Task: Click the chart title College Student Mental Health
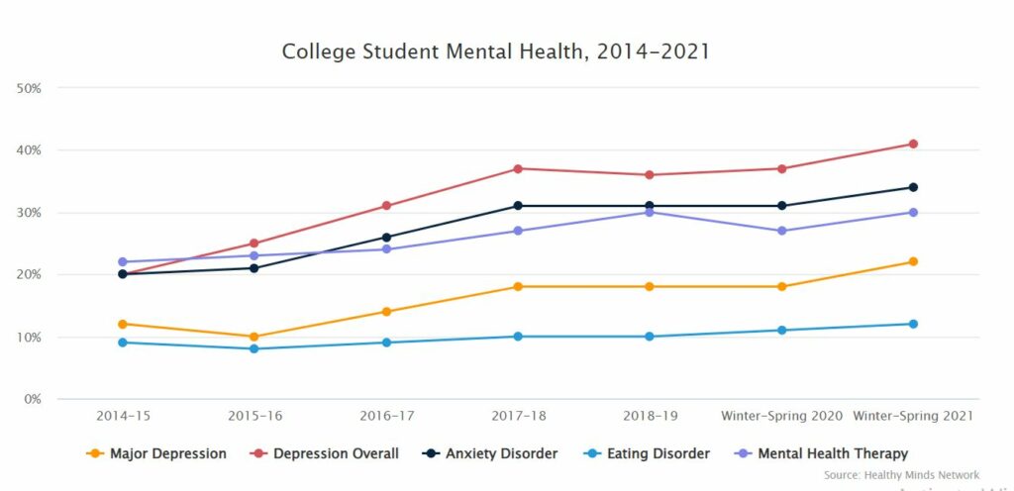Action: (x=495, y=51)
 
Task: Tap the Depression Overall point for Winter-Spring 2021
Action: (x=913, y=144)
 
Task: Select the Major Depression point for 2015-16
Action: (x=253, y=337)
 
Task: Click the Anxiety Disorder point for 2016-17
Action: (x=386, y=238)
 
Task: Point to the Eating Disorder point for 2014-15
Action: (x=122, y=343)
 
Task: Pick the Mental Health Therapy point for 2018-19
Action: (x=650, y=212)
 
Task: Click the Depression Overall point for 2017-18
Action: (x=518, y=168)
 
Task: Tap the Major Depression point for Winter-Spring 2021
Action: (x=913, y=261)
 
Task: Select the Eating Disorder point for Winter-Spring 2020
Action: (x=781, y=330)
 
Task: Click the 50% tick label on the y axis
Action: (x=29, y=88)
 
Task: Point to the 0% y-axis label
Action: (x=32, y=399)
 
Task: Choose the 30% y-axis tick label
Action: (x=29, y=213)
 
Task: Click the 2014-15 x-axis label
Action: (x=122, y=416)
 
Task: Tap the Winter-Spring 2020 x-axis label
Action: (x=781, y=416)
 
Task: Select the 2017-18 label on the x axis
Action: (x=518, y=416)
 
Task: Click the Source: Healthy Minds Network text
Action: (x=901, y=475)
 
